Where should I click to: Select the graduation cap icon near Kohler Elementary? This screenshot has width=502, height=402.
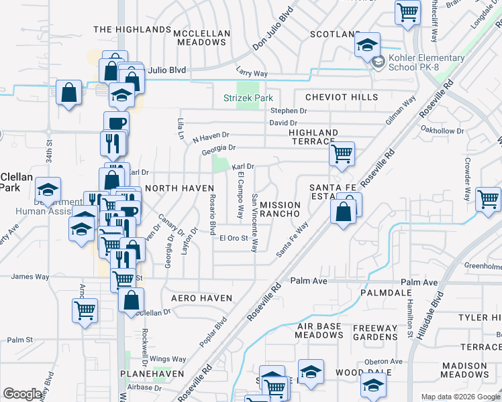pos(367,46)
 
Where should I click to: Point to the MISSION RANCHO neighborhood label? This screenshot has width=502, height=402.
pos(283,208)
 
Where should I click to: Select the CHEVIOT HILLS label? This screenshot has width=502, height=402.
pos(342,97)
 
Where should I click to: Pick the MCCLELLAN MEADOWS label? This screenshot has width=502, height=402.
pos(201,38)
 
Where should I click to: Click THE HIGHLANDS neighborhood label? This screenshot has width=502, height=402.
pos(132,29)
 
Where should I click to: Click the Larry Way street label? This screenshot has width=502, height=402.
pos(252,71)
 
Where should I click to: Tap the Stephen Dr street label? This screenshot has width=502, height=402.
pos(289,111)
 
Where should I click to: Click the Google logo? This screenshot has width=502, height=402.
pos(22,394)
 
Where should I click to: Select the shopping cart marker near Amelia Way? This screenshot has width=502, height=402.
pos(85,310)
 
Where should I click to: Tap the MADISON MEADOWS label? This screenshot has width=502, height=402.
pos(474,370)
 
